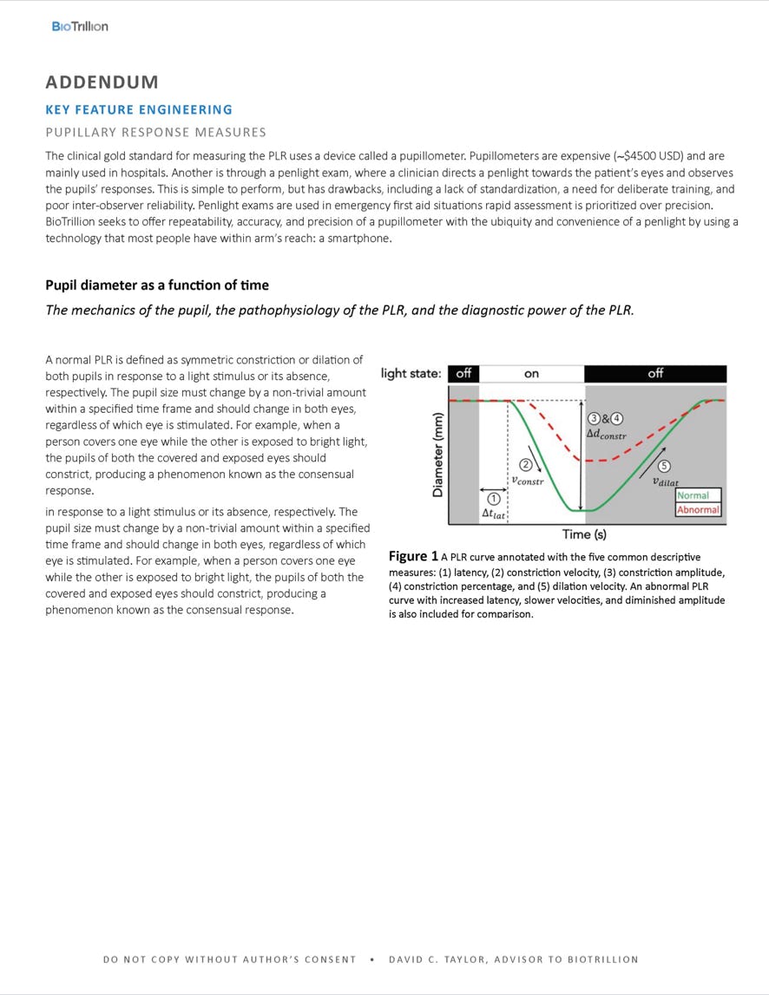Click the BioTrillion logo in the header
(x=80, y=27)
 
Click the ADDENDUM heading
(x=102, y=82)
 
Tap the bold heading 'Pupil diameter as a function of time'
(x=157, y=285)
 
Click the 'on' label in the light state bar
(x=531, y=374)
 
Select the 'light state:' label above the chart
(x=411, y=374)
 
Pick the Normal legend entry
(x=693, y=495)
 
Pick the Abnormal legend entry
(x=698, y=509)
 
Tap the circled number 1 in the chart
(x=493, y=499)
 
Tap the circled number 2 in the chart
(x=525, y=465)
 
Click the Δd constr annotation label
(x=606, y=434)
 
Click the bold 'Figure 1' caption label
(x=413, y=556)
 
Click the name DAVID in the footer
(x=405, y=959)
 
